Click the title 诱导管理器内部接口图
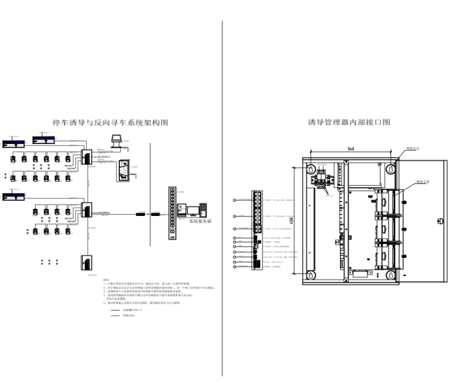pyautogui.click(x=349, y=123)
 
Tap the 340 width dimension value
pyautogui.click(x=352, y=150)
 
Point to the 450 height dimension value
pyautogui.click(x=291, y=220)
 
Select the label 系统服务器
pyautogui.click(x=200, y=222)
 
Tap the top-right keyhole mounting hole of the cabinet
pyautogui.click(x=390, y=168)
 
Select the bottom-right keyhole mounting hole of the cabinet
pyautogui.click(x=390, y=274)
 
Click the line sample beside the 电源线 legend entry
pyautogui.click(x=115, y=310)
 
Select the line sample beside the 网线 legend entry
pyautogui.click(x=115, y=316)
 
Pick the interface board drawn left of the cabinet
pyautogui.click(x=257, y=230)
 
